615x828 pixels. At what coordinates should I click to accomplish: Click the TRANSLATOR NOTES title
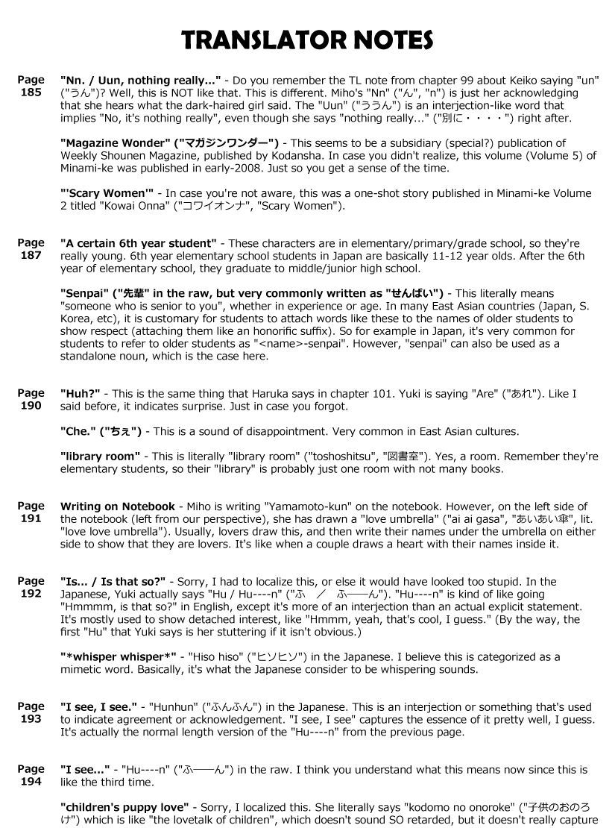click(307, 39)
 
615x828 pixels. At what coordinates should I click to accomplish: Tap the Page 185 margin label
click(31, 87)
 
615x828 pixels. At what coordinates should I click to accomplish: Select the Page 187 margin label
click(31, 249)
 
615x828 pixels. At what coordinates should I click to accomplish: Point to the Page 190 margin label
click(31, 399)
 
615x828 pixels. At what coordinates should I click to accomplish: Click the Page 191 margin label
click(31, 512)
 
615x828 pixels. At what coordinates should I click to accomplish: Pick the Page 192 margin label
click(31, 588)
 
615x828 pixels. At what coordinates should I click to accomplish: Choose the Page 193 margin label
click(31, 713)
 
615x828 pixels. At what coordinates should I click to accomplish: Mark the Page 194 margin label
click(31, 776)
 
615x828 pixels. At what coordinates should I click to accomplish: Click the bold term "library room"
click(100, 456)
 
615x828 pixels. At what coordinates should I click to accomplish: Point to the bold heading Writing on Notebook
click(118, 506)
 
